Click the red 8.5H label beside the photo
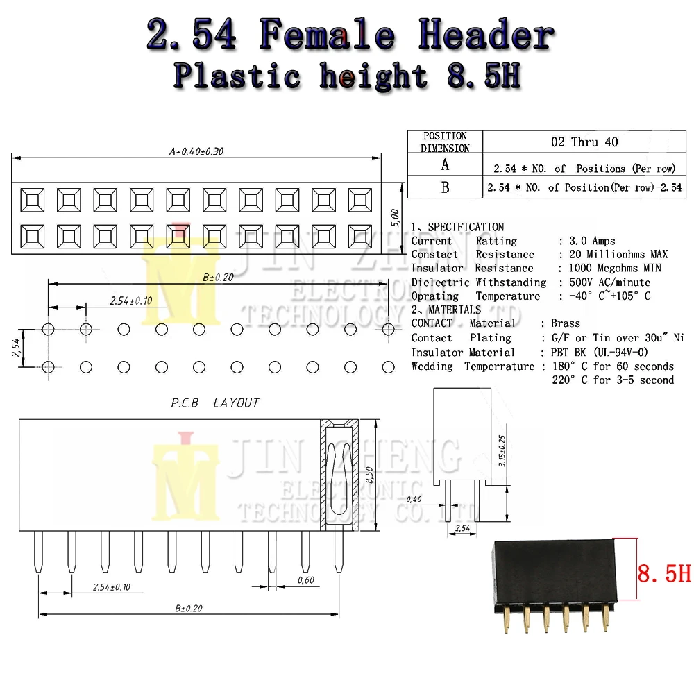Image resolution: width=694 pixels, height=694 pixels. tap(663, 574)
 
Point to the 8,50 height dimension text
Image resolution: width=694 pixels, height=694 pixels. tap(371, 475)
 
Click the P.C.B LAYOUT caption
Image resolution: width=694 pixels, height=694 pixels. tap(215, 403)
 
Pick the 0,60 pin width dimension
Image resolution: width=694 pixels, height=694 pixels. tap(305, 579)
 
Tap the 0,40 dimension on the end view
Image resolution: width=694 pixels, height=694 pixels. tap(414, 499)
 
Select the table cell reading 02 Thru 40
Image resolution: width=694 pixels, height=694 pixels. tap(584, 142)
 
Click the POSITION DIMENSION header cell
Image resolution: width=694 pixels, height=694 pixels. tap(445, 142)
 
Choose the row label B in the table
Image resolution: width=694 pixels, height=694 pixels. tap(445, 187)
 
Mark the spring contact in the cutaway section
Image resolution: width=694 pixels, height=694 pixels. tap(337, 479)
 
